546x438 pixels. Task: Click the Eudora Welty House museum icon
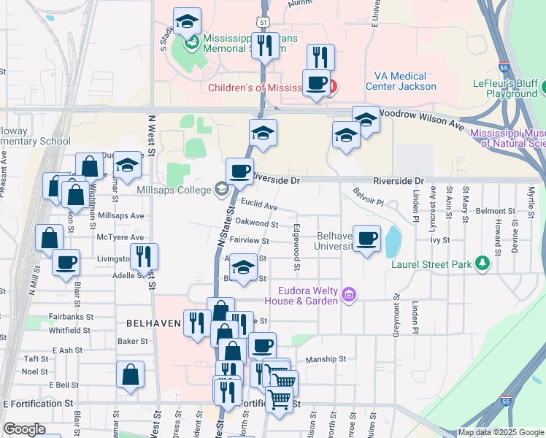click(350, 295)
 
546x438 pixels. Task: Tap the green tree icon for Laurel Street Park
click(481, 264)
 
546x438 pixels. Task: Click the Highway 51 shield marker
click(262, 23)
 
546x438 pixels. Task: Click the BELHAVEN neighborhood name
click(153, 323)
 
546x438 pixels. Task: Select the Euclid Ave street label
click(260, 207)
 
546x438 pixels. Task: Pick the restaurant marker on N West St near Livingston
click(144, 256)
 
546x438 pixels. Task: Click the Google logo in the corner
click(24, 429)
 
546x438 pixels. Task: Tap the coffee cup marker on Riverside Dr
click(239, 172)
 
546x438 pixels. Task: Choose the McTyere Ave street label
click(120, 237)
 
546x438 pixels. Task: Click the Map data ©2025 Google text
click(501, 432)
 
